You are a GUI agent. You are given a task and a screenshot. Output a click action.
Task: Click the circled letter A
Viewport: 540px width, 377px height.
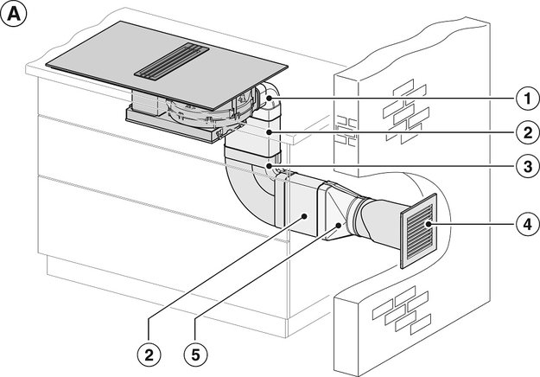click(16, 15)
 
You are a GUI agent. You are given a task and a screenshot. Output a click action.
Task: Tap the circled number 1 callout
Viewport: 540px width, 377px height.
click(522, 99)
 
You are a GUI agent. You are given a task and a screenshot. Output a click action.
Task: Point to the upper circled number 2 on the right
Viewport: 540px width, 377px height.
click(522, 132)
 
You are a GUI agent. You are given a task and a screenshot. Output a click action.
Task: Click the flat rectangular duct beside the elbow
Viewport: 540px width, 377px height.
click(298, 208)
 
